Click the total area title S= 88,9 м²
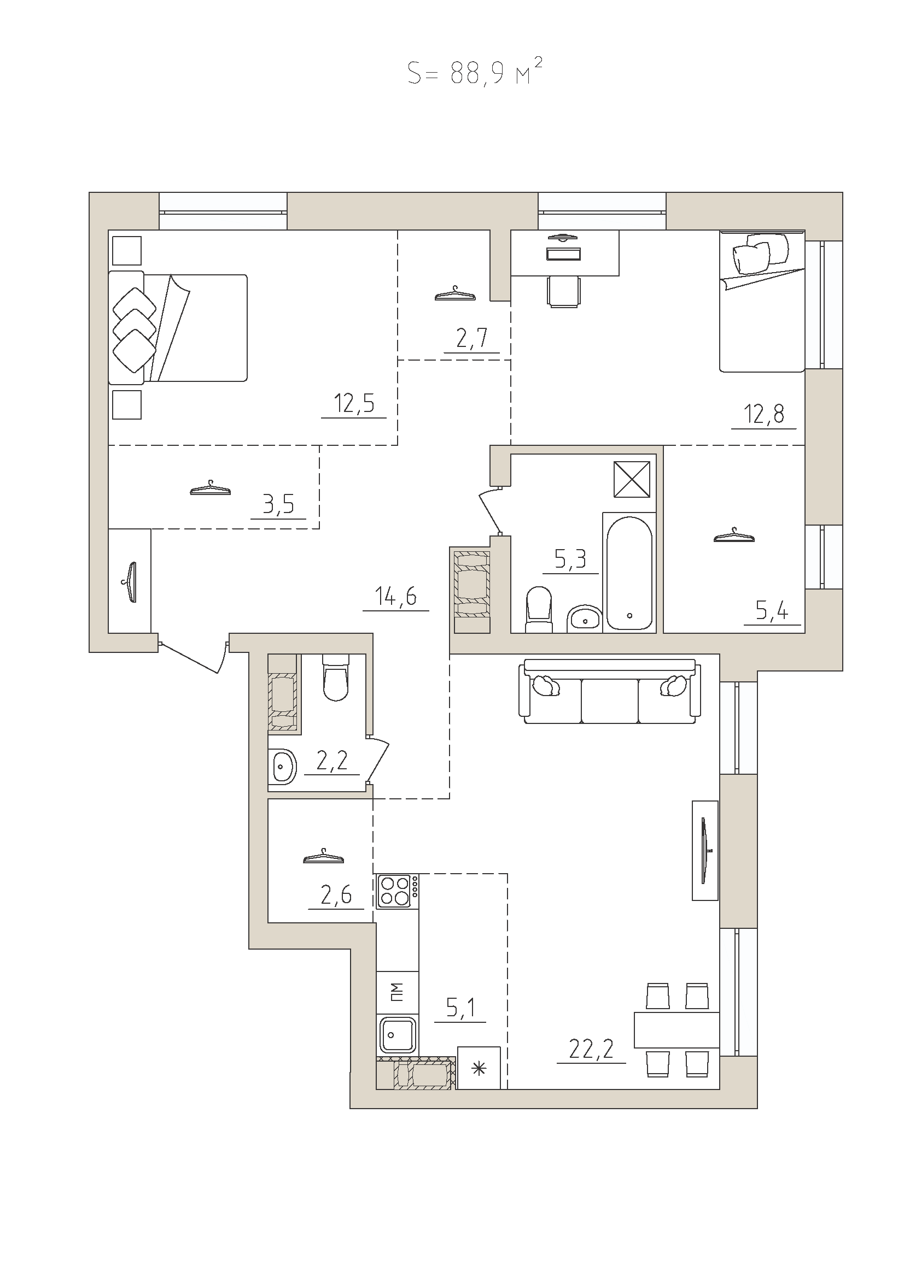tap(475, 72)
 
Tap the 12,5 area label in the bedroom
tap(354, 403)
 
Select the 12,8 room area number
tap(763, 415)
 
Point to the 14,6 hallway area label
tap(395, 597)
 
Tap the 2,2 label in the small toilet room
tap(332, 761)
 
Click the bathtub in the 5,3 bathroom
tap(629, 572)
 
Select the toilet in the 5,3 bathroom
tap(539, 610)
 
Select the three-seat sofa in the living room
tap(609, 691)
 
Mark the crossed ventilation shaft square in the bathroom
tap(632, 479)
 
